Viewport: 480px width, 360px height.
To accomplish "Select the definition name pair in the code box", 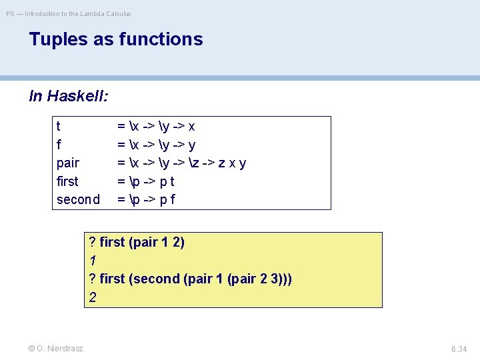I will pyautogui.click(x=68, y=163).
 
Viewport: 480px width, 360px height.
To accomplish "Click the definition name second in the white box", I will pyautogui.click(x=78, y=199).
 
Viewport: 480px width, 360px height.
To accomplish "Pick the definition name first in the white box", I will pyautogui.click(x=67, y=181).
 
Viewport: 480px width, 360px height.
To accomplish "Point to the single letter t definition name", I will pyautogui.click(x=59, y=126).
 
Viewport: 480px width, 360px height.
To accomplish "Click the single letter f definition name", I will pyautogui.click(x=59, y=145).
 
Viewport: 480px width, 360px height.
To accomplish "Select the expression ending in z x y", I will pyautogui.click(x=182, y=163).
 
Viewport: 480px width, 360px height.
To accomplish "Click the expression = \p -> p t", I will pyautogui.click(x=146, y=181).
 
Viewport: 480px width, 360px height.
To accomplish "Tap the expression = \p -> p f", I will pyautogui.click(x=146, y=199).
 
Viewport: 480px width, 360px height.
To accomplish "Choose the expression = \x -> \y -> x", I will pyautogui.click(x=156, y=126).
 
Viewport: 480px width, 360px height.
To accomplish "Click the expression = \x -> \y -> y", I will pyautogui.click(x=156, y=145).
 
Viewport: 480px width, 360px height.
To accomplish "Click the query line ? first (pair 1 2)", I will pyautogui.click(x=137, y=242).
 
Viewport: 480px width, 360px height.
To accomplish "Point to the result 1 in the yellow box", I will pyautogui.click(x=93, y=261).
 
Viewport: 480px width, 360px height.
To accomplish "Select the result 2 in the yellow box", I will pyautogui.click(x=93, y=297).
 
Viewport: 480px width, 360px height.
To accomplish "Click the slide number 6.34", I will pyautogui.click(x=459, y=349).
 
